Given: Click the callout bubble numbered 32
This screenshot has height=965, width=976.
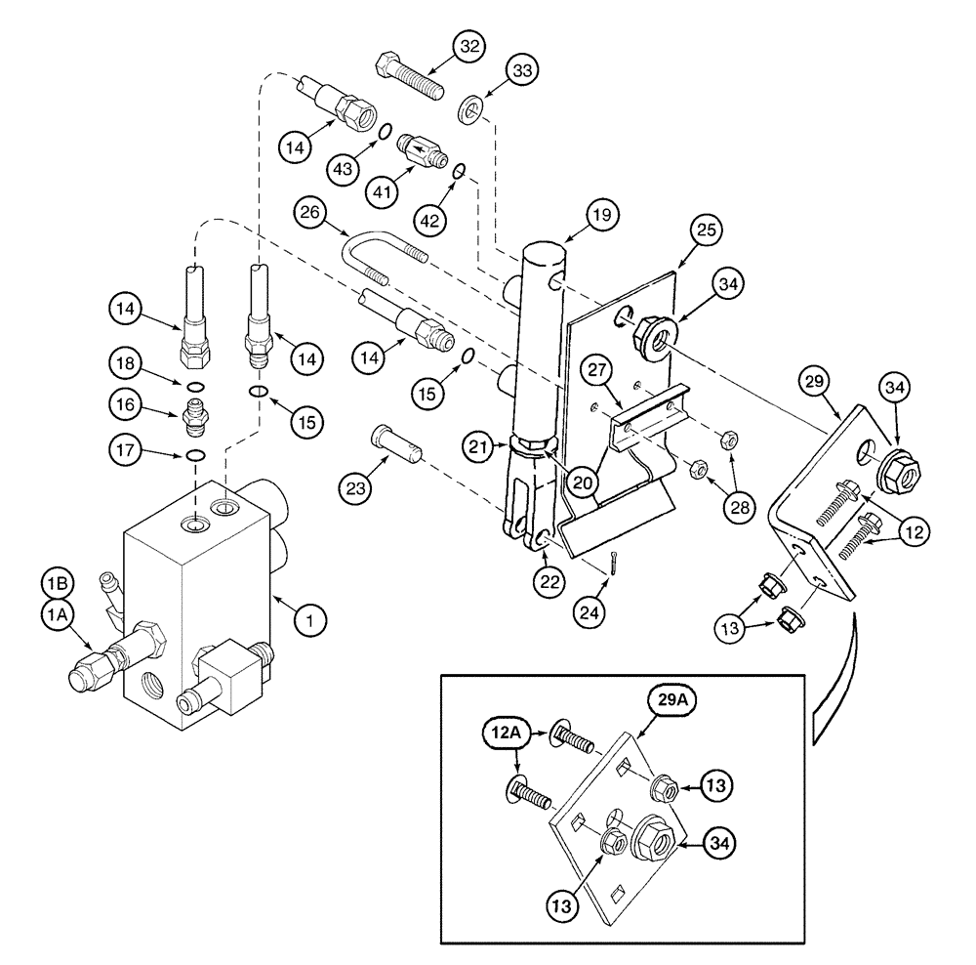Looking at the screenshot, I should pos(470,48).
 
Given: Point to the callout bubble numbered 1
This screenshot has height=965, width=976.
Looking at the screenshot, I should pos(309,618).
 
